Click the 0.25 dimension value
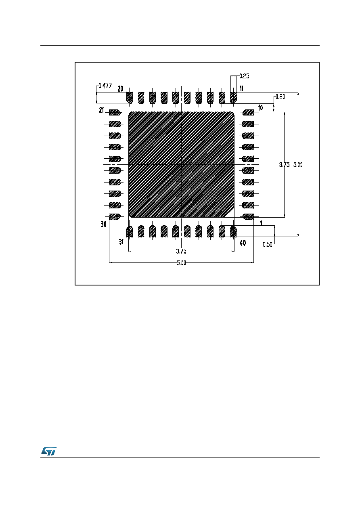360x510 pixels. coord(244,76)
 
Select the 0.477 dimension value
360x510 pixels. coord(105,86)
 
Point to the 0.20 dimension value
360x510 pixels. coord(280,97)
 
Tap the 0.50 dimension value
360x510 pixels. coord(268,244)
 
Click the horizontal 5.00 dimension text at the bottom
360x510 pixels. coord(181,263)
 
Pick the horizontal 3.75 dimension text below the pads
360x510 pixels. coord(181,251)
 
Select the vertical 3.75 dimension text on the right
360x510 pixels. coord(285,165)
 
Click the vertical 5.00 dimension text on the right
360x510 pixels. coord(298,165)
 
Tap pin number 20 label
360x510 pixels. coord(120,89)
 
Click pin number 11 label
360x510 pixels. coord(241,88)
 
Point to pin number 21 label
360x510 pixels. coord(101,110)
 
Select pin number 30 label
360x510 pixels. coord(104,225)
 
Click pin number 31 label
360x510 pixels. coord(121,242)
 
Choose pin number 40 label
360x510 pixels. coord(243,243)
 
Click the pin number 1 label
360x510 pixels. coord(261,223)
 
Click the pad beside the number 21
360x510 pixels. coord(115,112)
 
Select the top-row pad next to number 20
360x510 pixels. coord(130,97)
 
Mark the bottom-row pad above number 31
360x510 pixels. coord(130,231)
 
